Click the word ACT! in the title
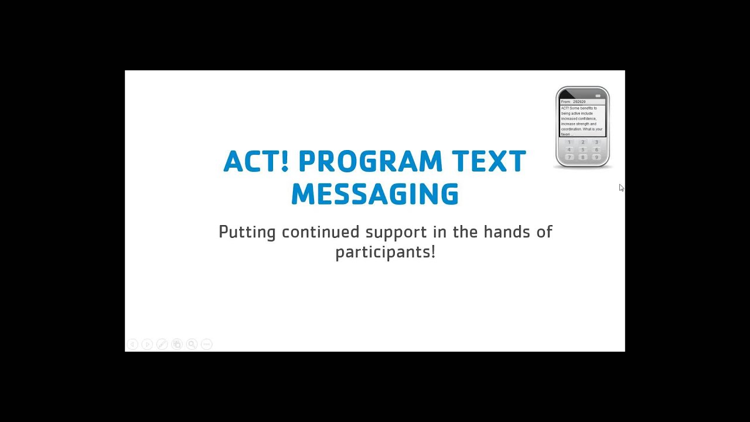point(256,162)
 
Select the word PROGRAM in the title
point(370,162)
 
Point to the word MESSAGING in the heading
point(375,195)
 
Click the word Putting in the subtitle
point(247,233)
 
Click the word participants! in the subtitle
point(385,253)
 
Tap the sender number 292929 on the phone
point(579,102)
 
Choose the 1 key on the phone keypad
point(569,142)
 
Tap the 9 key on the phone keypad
point(596,157)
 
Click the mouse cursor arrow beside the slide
point(621,188)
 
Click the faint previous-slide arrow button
point(132,345)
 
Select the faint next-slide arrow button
point(147,345)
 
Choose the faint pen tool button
point(162,345)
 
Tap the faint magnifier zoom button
point(192,345)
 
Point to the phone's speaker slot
point(598,96)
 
